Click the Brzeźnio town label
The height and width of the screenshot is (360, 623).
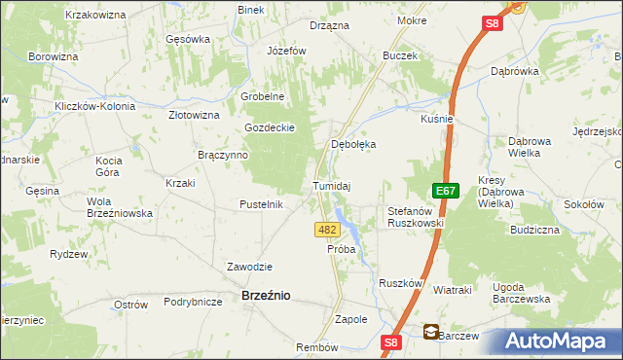click(x=265, y=296)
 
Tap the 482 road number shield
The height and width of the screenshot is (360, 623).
click(x=328, y=230)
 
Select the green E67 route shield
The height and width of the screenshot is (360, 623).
click(x=446, y=192)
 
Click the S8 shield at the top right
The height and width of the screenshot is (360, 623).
click(x=493, y=22)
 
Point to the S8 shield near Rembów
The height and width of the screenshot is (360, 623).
click(x=391, y=342)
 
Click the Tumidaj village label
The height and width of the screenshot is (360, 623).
click(x=331, y=185)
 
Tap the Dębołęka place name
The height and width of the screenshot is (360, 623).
click(x=353, y=143)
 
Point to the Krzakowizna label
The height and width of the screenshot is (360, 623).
click(x=96, y=15)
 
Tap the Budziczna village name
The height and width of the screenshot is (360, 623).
click(x=533, y=231)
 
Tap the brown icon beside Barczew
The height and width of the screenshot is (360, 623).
click(x=430, y=333)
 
